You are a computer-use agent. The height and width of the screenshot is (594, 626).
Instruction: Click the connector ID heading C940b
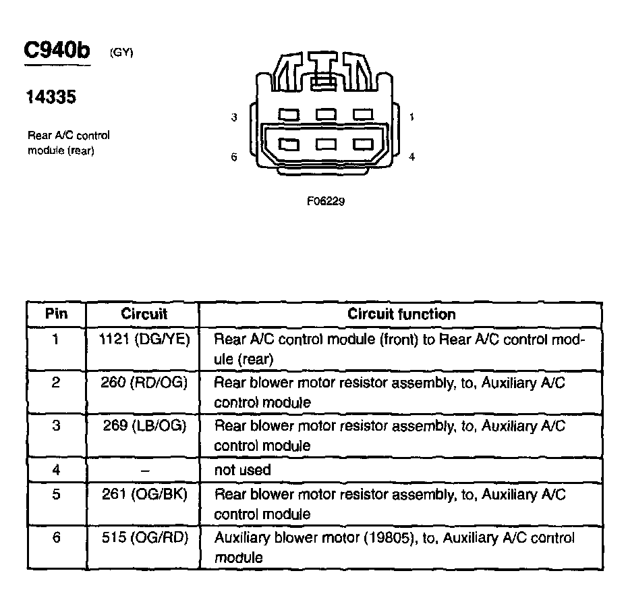57,51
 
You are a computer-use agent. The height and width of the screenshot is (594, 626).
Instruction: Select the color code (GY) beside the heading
121,53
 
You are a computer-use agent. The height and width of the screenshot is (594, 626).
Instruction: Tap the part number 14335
51,98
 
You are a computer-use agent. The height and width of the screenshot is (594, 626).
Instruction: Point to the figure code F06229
326,200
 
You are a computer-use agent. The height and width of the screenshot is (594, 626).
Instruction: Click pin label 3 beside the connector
234,117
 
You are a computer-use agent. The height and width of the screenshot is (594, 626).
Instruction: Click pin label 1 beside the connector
411,117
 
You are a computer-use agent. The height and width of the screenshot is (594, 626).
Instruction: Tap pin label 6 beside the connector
234,157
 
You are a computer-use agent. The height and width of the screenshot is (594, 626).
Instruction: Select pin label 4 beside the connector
411,157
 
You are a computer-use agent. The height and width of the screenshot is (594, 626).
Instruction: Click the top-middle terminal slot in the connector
326,115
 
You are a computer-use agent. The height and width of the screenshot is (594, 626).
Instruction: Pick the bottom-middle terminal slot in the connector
326,144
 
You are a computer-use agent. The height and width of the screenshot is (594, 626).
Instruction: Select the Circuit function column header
401,314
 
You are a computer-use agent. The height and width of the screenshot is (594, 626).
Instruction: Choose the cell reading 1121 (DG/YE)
144,340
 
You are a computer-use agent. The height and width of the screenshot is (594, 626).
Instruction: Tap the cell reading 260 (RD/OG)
144,383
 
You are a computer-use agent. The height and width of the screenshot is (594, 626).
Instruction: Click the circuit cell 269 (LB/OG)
144,426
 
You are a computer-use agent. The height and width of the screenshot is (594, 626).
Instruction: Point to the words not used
242,470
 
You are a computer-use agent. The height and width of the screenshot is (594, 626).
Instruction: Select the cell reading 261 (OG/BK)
144,494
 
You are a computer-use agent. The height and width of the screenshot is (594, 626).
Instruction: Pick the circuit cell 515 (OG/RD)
144,538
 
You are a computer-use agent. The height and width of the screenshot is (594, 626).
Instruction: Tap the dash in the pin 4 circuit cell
144,470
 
